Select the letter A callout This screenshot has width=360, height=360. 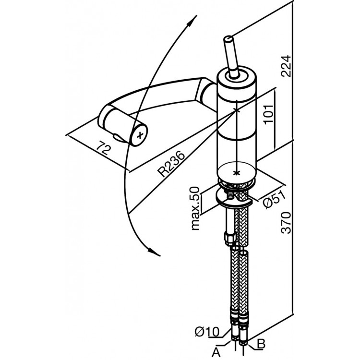click(x=216, y=353)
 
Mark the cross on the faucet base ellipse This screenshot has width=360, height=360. click(x=235, y=172)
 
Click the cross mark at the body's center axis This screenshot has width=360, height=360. click(x=237, y=111)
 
